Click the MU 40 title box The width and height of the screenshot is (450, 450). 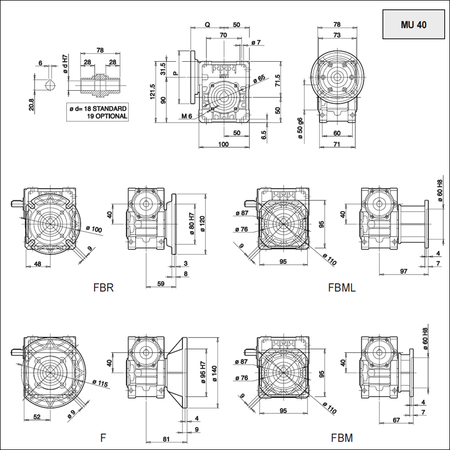coord(413,25)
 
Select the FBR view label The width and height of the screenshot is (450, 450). coord(103,287)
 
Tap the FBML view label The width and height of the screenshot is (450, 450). coord(342,287)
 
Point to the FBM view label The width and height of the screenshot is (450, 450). coord(342,437)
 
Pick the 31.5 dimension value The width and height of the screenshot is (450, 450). coord(163,69)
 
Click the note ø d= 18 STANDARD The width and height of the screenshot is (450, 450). coord(97,109)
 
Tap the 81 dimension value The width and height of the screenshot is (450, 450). coord(166,438)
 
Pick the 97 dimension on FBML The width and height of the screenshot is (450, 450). coord(403,272)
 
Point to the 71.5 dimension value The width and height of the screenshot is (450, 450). coord(278,80)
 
